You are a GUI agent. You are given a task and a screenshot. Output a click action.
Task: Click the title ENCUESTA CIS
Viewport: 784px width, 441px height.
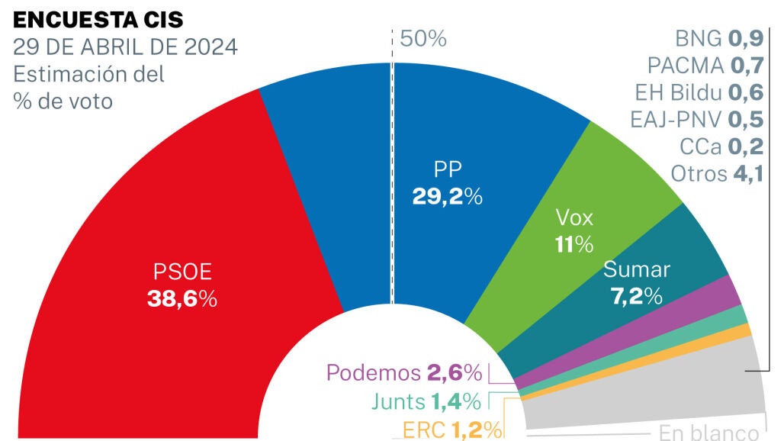click(x=98, y=19)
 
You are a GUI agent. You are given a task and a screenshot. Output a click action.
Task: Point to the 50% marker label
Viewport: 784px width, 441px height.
click(x=423, y=39)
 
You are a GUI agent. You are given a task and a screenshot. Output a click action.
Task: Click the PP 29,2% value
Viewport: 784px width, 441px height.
click(x=448, y=196)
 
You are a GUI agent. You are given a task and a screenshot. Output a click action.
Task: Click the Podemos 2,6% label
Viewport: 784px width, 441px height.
click(x=404, y=373)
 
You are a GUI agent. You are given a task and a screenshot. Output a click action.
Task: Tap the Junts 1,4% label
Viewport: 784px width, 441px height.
click(x=426, y=401)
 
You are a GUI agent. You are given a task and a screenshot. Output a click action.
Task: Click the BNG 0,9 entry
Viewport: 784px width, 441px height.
click(x=719, y=37)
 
